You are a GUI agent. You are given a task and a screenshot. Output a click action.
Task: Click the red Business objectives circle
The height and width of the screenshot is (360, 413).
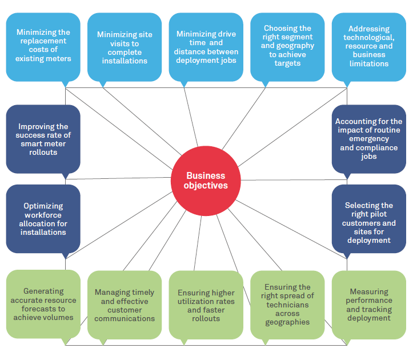point(206,181)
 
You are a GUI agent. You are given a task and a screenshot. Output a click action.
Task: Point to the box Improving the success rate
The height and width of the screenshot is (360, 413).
point(43,139)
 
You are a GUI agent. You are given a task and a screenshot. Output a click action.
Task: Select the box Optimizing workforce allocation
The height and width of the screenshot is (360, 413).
point(43,219)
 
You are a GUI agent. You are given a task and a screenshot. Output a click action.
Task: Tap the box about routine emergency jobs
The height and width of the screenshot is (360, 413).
point(369,139)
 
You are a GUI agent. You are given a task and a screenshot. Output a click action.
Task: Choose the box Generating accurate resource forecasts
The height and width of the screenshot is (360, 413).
point(43,305)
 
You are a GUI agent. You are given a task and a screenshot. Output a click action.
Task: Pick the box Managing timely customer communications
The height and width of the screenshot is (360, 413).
point(125,305)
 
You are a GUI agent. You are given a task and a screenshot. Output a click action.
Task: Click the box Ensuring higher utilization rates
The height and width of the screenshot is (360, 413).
point(206,305)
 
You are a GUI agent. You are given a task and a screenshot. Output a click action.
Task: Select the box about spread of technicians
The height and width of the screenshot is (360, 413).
point(287,305)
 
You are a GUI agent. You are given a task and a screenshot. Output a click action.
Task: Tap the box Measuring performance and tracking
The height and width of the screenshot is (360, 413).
point(369,305)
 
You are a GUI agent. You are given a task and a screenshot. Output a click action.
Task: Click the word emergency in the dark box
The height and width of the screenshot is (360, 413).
point(369,139)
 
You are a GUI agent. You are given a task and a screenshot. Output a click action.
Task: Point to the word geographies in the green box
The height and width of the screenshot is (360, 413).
point(287,322)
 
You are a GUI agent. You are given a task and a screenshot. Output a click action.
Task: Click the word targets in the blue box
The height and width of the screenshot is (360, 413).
point(287,63)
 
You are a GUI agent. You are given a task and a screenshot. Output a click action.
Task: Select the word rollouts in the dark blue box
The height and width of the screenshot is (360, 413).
point(43,153)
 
